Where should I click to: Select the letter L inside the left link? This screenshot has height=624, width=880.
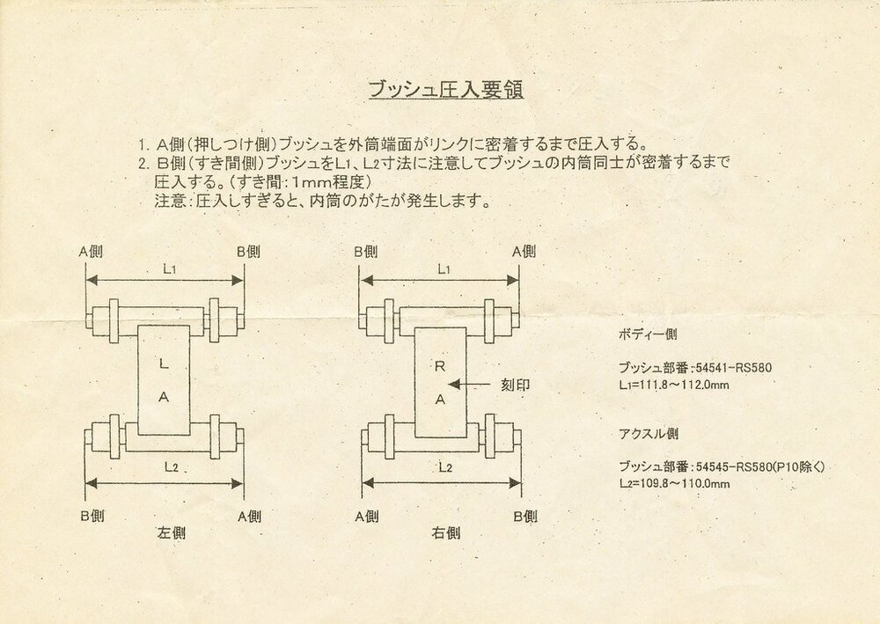(163, 362)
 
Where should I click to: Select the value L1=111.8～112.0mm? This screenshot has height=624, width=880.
(674, 385)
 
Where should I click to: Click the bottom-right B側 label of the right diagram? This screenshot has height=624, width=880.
(524, 517)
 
